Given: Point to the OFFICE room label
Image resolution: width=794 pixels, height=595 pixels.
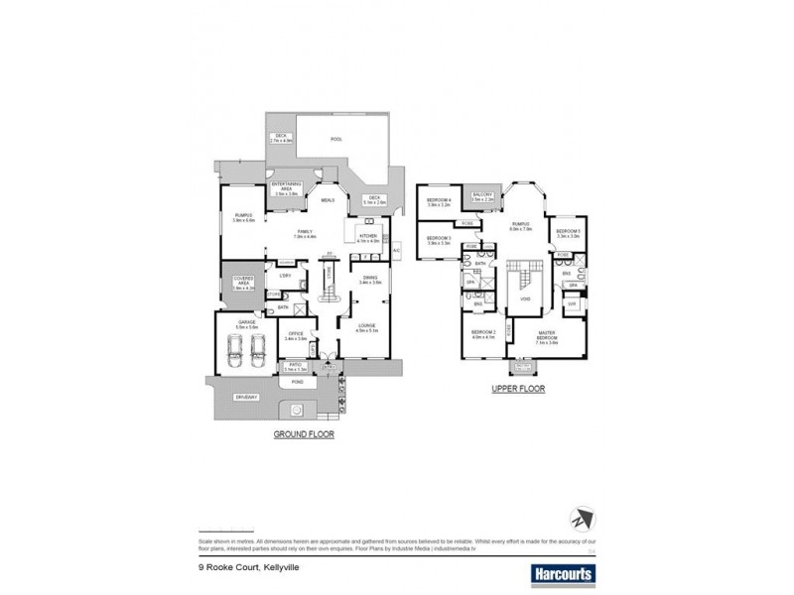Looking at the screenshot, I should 295,337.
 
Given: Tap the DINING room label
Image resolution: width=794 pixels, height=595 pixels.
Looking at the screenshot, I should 371,280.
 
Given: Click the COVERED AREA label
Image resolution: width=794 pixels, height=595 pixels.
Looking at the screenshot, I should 244,283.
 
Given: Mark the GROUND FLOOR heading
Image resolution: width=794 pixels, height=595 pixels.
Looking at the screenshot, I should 305,434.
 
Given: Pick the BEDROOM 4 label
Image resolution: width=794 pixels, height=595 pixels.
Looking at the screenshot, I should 439,201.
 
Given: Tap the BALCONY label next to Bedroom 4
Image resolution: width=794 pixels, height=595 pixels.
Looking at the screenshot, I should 483,197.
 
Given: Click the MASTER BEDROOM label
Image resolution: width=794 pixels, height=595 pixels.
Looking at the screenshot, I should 546,335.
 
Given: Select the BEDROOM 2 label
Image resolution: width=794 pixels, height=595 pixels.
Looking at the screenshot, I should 483,334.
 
